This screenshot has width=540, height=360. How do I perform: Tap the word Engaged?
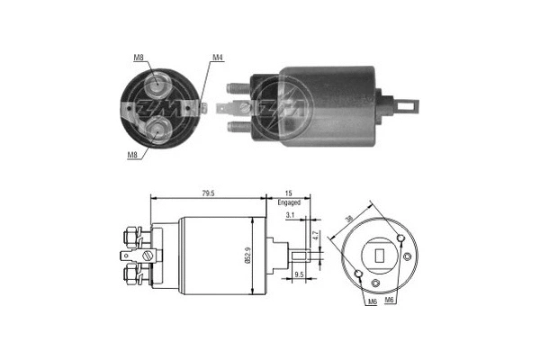click(289, 204)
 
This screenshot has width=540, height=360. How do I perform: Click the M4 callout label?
click(218, 58)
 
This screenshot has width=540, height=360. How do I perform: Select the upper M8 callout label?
click(139, 58)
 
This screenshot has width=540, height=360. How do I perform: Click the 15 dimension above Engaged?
click(288, 193)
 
